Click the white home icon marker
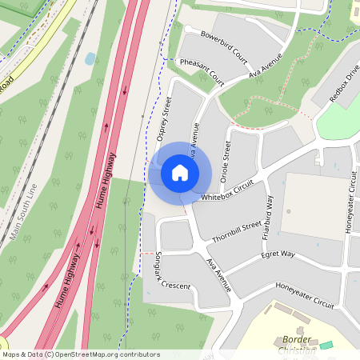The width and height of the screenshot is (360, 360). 180,173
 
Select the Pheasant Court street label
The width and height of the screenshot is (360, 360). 202,71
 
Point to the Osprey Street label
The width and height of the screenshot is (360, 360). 166,119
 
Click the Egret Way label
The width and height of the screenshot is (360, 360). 278,255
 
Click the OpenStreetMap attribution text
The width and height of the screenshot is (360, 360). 81,354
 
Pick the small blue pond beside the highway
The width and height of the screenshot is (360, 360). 90,58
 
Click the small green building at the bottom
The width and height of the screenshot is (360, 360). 326,345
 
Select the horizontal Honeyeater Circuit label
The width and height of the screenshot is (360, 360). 305,295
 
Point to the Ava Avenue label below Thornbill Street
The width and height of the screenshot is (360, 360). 218,274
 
